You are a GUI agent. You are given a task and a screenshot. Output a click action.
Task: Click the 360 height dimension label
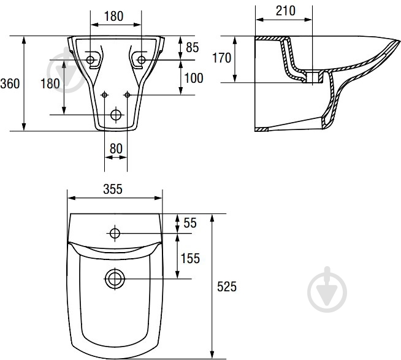click(10, 83)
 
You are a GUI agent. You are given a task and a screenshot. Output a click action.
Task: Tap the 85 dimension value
click(192, 48)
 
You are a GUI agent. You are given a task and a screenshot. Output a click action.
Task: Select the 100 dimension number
click(194, 78)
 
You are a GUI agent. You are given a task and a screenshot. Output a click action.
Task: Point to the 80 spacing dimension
click(116, 148)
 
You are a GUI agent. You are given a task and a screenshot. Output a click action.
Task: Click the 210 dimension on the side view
click(285, 11)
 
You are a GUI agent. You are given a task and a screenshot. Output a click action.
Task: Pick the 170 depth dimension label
click(222, 58)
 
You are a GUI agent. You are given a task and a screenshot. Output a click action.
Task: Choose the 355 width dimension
click(113, 190)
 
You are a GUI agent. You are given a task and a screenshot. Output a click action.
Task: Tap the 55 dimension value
click(190, 223)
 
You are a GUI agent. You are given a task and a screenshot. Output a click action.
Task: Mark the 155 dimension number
click(190, 258)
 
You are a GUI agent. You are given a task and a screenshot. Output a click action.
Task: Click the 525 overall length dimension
click(227, 286)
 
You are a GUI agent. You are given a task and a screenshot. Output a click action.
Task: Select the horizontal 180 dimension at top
click(114, 16)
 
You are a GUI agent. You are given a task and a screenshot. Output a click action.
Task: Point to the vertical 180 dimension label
click(50, 83)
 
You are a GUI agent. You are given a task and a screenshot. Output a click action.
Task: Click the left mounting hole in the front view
click(90, 60)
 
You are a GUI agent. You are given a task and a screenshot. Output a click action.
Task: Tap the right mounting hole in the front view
click(142, 60)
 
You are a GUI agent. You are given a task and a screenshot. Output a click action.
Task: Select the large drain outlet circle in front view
click(116, 115)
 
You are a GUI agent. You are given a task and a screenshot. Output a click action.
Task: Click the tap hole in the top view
click(115, 233)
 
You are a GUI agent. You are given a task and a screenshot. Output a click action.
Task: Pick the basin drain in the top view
click(115, 278)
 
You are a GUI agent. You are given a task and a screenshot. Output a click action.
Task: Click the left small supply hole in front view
click(104, 95)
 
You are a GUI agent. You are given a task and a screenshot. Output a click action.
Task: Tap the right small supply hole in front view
click(128, 95)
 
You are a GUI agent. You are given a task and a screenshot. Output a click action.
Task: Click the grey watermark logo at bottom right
click(327, 289)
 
